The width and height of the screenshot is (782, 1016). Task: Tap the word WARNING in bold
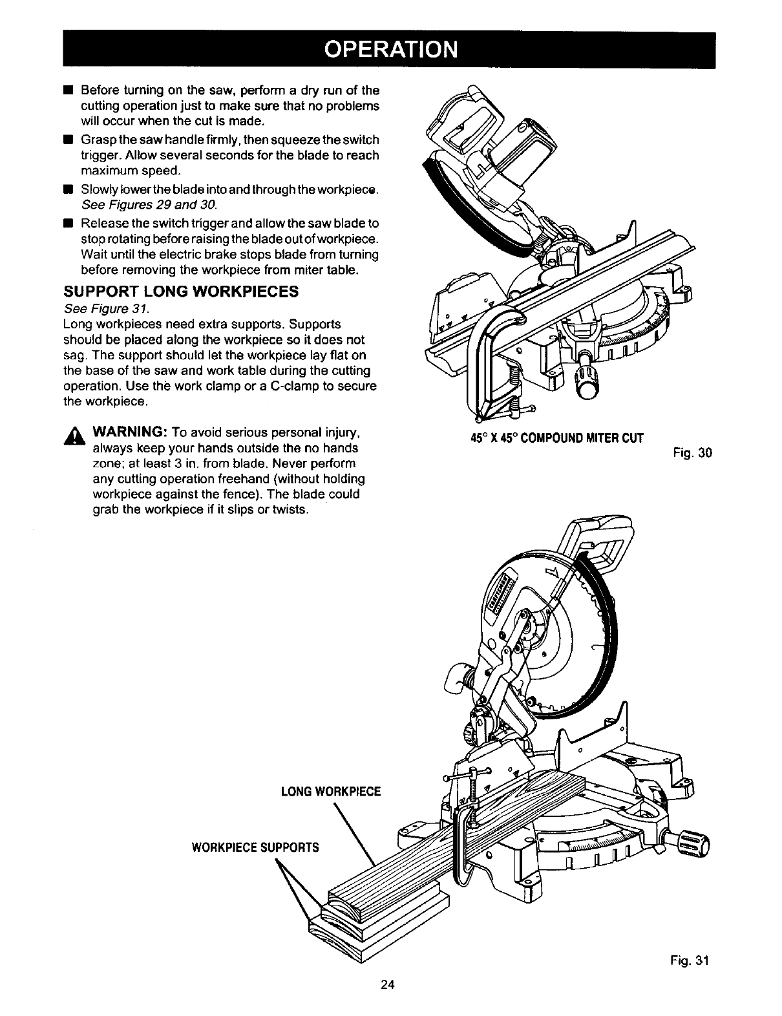(x=131, y=432)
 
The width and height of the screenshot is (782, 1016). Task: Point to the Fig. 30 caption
(x=695, y=453)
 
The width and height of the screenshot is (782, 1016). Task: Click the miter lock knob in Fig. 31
(x=692, y=843)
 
